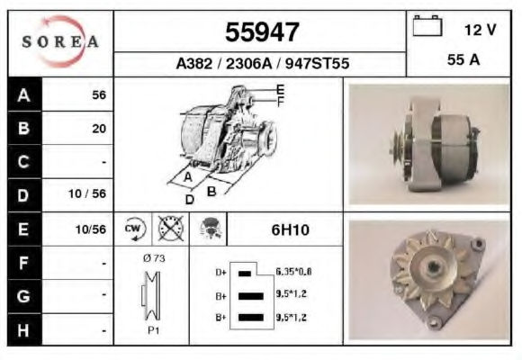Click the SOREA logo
coord(60,41)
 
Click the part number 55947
coord(262,32)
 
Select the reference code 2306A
coord(249,63)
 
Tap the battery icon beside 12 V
coord(427,25)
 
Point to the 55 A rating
coord(463,59)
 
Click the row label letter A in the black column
coord(23,95)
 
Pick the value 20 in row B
coord(99,129)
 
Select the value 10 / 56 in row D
coord(87,193)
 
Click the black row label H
coord(23,330)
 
